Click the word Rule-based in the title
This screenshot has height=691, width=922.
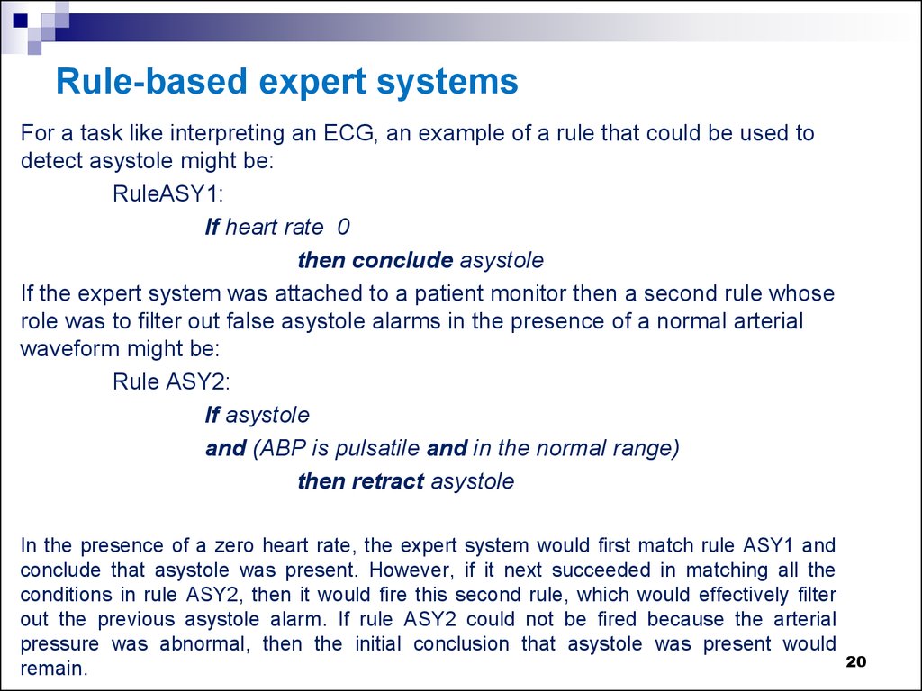tap(151, 81)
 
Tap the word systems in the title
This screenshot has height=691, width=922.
tap(447, 82)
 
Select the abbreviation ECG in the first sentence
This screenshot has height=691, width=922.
tap(349, 133)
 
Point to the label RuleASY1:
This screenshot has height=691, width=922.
tap(168, 194)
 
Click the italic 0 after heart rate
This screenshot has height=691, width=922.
tap(343, 227)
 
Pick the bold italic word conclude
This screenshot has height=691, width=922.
tap(402, 260)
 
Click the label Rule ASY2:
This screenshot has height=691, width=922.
tap(171, 381)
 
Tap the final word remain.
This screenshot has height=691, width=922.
tap(53, 669)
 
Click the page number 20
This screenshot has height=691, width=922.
tap(855, 662)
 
